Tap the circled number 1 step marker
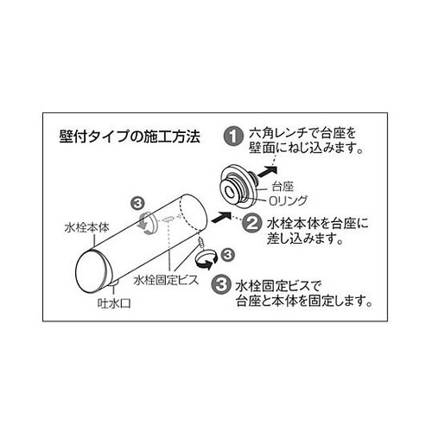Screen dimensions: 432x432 pyautogui.click(x=232, y=135)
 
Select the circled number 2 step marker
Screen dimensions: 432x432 pyautogui.click(x=251, y=223)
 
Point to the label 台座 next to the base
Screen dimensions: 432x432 pyautogui.click(x=282, y=186)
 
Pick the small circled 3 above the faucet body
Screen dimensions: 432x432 pyautogui.click(x=136, y=202)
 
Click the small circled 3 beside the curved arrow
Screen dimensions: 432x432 pyautogui.click(x=227, y=254)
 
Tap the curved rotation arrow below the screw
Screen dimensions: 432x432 pyautogui.click(x=206, y=257)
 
